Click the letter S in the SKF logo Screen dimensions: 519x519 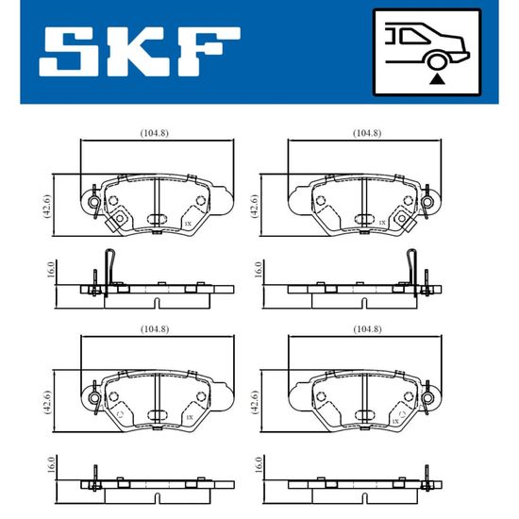coord(69,51)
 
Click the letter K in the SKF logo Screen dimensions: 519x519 coord(139,51)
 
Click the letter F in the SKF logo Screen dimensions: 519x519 coord(209,51)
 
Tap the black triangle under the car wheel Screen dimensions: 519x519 coord(437,79)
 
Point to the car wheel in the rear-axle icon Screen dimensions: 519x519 coord(437,61)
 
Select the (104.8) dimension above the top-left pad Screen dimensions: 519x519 coord(154,133)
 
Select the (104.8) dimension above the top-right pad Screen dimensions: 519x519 coord(367,133)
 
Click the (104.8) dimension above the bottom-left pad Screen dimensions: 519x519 coord(155,329)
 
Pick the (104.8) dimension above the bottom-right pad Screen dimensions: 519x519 coord(367,329)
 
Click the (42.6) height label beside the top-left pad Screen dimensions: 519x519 coord(47,206)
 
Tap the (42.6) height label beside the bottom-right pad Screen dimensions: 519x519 coord(255,402)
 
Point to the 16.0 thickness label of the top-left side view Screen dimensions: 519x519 coord(50,269)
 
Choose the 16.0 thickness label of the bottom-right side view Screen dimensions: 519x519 coord(259,464)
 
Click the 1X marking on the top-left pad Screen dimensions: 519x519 coord(188,224)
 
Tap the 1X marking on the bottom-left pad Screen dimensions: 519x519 coord(190,418)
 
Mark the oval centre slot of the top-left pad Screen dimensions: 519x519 coord(158,219)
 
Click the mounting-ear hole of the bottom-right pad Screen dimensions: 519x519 coord(427,397)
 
